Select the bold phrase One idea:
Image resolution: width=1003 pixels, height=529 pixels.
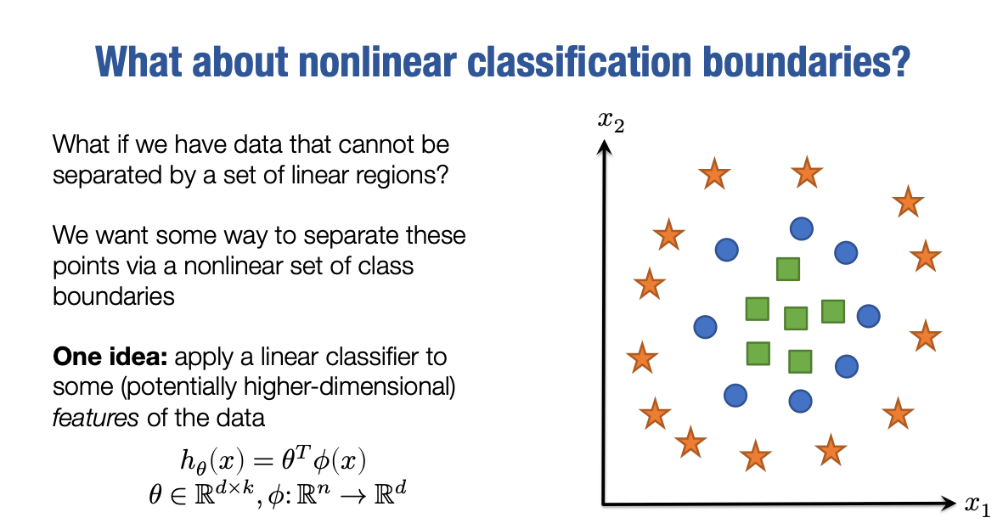coord(110,357)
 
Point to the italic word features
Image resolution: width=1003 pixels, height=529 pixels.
coord(95,418)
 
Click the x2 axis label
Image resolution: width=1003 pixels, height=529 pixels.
coord(611,121)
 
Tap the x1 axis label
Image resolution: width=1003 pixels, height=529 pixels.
coord(977,505)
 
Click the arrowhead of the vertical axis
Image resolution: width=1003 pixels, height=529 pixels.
coord(604,147)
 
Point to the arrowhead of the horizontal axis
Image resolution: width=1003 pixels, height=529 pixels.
coord(948,504)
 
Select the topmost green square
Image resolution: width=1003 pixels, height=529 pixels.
coord(787,269)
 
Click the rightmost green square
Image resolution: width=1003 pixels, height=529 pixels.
coord(833,312)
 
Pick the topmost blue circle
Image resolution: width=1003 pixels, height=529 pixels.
coord(802,228)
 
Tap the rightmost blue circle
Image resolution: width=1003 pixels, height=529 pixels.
coord(868,315)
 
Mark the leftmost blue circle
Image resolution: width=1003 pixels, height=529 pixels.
coord(705,327)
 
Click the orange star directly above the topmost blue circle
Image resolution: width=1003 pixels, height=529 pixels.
coord(807,172)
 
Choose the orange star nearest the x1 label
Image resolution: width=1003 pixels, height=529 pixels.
coord(898,414)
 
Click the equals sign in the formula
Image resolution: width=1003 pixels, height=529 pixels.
coord(263,459)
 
